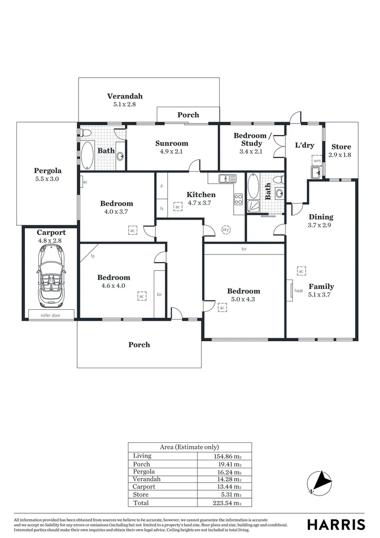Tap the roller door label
pos(50,315)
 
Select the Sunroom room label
pos(172,143)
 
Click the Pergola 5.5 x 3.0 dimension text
pos(47,178)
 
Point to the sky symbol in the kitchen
pos(225,230)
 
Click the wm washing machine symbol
pos(317,161)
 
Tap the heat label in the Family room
pos(298,290)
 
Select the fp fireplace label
pos(93,257)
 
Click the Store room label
pos(341,147)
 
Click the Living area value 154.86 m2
pos(227,456)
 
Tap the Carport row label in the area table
pos(144,487)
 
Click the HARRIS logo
pos(336,525)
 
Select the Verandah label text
pos(125,96)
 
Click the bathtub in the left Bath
pos(88,155)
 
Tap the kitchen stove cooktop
pos(238,199)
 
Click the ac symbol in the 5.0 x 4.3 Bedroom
pos(222,308)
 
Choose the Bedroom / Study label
pos(253,139)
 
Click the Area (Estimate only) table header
pos(190,447)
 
